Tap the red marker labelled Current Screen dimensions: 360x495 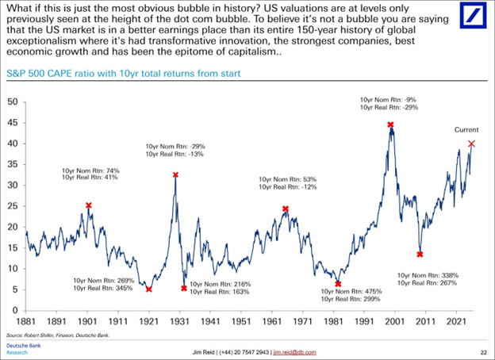[x=472, y=144]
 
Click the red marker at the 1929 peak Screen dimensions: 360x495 [x=175, y=174]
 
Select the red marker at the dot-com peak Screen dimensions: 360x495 [x=390, y=124]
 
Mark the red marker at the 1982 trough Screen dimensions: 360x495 [x=338, y=284]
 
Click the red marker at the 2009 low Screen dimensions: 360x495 [x=420, y=255]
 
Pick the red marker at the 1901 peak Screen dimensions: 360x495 [x=89, y=205]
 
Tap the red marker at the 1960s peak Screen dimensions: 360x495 [x=286, y=209]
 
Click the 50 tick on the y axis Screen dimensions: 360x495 [x=13, y=102]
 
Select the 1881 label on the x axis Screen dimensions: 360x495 [x=25, y=323]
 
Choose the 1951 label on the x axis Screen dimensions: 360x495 [x=241, y=323]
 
